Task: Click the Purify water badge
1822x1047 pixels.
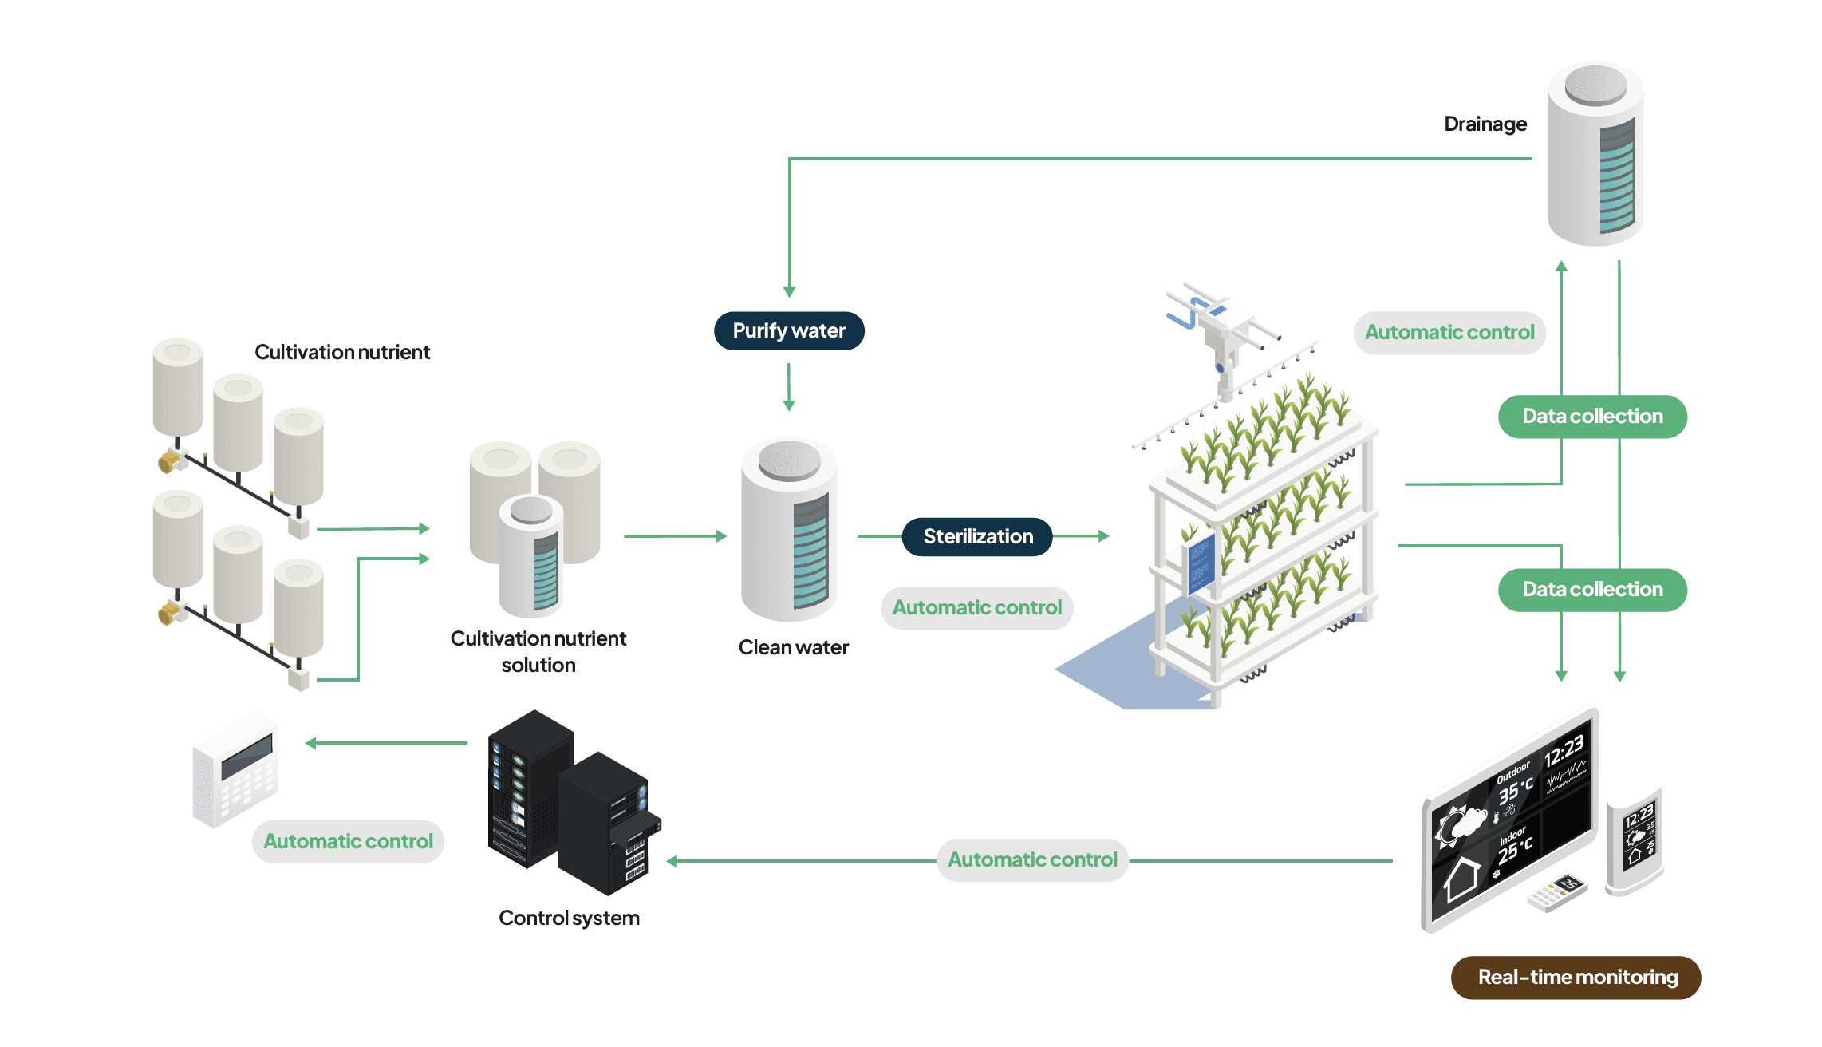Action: [x=788, y=331]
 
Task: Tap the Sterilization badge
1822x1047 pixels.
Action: [x=977, y=536]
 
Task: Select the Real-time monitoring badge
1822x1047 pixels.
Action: [x=1576, y=978]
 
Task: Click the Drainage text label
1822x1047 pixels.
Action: [x=1485, y=124]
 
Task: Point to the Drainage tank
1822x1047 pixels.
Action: [x=1595, y=156]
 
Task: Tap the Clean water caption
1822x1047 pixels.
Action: [x=793, y=647]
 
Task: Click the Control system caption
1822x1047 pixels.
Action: [x=569, y=918]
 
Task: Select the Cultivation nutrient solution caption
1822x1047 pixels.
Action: [x=538, y=651]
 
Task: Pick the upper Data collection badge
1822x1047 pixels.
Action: [x=1592, y=417]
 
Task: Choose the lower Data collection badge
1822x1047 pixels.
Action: [x=1592, y=590]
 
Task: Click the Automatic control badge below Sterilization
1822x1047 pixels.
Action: [x=976, y=608]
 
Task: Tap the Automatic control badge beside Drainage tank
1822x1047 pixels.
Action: [x=1449, y=333]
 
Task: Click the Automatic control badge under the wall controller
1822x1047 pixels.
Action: [x=348, y=842]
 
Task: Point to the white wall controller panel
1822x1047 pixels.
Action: [x=235, y=770]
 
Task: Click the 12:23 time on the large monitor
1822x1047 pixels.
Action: [x=1563, y=751]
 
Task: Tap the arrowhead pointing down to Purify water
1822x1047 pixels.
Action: [x=789, y=292]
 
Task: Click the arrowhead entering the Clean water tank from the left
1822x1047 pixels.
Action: [x=721, y=536]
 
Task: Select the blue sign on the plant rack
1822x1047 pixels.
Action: [x=1201, y=563]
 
